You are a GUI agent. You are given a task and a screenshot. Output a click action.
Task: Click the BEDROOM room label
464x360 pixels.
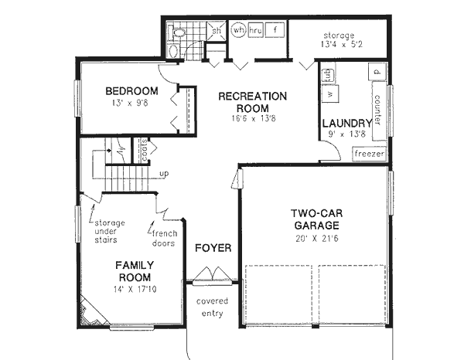coord(128,92)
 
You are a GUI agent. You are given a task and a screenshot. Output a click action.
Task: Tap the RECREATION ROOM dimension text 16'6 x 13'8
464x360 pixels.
coord(252,119)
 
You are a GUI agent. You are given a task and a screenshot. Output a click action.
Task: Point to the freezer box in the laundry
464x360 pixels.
coord(369,154)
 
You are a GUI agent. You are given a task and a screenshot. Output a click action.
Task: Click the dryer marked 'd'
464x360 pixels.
coord(377,73)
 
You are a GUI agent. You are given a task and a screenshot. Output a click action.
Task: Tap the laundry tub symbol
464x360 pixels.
coord(327,75)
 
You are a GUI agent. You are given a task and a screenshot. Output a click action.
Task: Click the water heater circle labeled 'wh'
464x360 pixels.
coord(239,30)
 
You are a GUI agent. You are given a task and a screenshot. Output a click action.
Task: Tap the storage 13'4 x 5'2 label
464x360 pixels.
coord(339,40)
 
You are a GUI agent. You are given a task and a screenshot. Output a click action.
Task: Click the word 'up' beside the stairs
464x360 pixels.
coord(163,174)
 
